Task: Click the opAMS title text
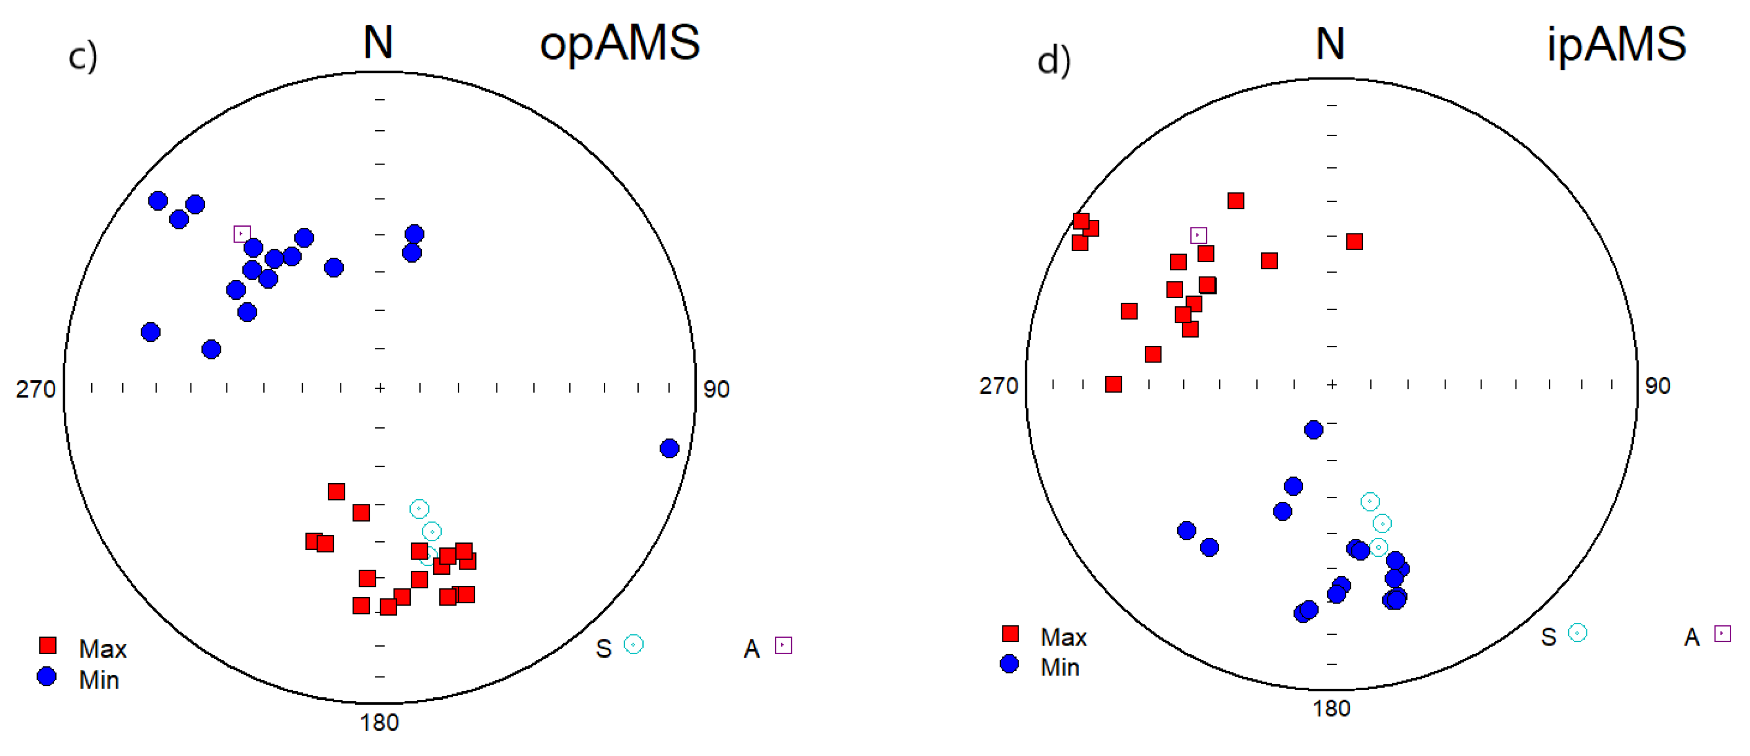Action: pyautogui.click(x=619, y=43)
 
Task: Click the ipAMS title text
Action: pyautogui.click(x=1616, y=44)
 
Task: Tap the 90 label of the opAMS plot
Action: pyautogui.click(x=716, y=389)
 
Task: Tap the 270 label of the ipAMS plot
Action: pyautogui.click(x=998, y=386)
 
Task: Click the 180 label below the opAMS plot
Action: pyautogui.click(x=379, y=722)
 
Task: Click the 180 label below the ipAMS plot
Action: pyautogui.click(x=1331, y=708)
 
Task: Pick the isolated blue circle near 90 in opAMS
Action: pyautogui.click(x=669, y=448)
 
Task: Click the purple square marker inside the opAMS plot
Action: pyautogui.click(x=242, y=233)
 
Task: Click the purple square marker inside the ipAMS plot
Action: pyautogui.click(x=1198, y=235)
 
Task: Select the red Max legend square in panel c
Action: pyautogui.click(x=48, y=645)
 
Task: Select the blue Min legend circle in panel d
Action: pyautogui.click(x=1009, y=664)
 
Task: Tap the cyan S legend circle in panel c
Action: pyautogui.click(x=633, y=644)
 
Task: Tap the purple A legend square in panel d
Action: pyautogui.click(x=1722, y=634)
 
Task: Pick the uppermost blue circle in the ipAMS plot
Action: pyautogui.click(x=1313, y=430)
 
